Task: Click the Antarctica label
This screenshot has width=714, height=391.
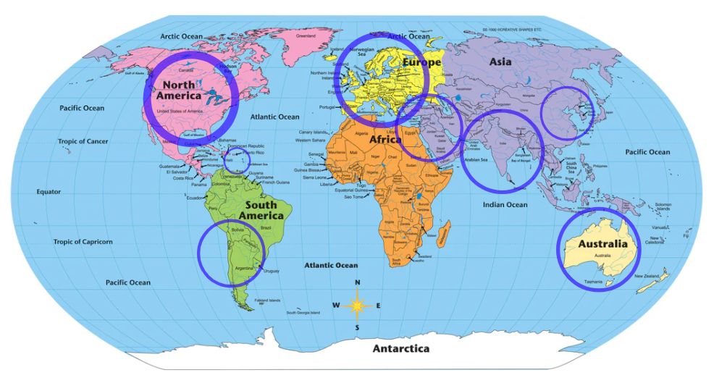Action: pos(400,349)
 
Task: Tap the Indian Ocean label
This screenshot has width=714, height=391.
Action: pos(505,205)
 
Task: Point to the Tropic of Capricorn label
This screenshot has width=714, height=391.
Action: pos(83,242)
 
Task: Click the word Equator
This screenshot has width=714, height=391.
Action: pos(49,192)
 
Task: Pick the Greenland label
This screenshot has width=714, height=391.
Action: pos(306,35)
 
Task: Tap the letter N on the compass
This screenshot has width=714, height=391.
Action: pos(357,283)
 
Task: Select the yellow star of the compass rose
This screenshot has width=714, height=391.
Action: pos(357,306)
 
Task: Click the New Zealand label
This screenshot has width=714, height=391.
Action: pos(646,277)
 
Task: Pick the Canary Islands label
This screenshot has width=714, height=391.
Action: pos(313,133)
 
